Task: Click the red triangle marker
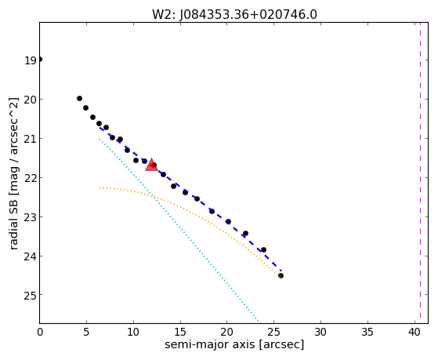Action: (x=151, y=165)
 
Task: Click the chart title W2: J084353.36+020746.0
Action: (x=234, y=14)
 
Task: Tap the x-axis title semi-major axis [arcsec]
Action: (x=234, y=344)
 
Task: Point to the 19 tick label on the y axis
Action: (x=31, y=60)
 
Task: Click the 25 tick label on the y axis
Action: (x=31, y=295)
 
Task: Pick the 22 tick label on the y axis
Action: (x=31, y=178)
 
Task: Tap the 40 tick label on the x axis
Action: (x=414, y=332)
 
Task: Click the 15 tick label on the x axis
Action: (x=180, y=332)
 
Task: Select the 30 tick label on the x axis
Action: (x=320, y=332)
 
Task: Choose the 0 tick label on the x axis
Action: (x=40, y=332)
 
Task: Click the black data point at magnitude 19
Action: (x=40, y=60)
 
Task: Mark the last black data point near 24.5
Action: (x=281, y=276)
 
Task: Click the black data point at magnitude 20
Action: (x=79, y=99)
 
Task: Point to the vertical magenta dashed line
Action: (x=420, y=173)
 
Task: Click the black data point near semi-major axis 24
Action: (x=263, y=249)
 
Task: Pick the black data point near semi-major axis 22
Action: (x=245, y=233)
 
